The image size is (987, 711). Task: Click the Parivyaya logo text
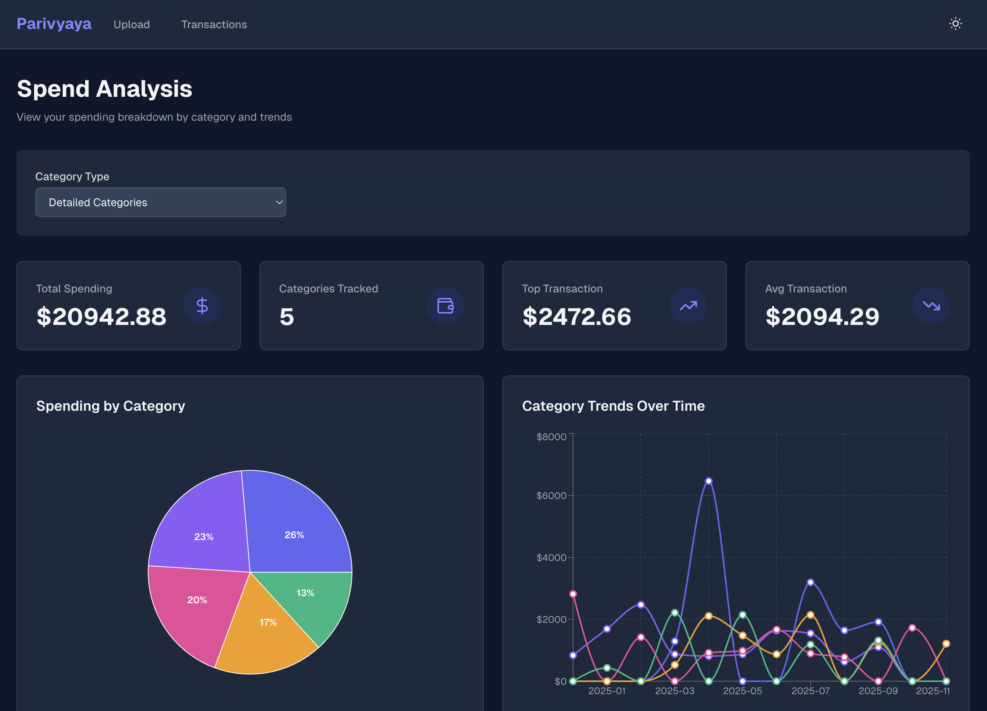(x=54, y=24)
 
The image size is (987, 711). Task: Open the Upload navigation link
(x=131, y=24)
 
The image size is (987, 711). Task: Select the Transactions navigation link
(x=214, y=24)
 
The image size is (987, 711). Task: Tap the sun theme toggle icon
(x=955, y=24)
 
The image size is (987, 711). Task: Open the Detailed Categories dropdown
(x=160, y=202)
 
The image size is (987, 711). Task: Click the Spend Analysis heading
(x=104, y=89)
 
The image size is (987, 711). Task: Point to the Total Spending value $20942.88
(x=102, y=316)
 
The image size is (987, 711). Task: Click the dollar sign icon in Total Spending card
(x=202, y=305)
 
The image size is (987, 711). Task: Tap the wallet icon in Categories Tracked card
(x=445, y=305)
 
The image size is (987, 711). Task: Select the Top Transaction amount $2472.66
(x=577, y=316)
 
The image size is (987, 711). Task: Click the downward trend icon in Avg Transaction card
(x=931, y=305)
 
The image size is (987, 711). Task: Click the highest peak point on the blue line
(x=708, y=481)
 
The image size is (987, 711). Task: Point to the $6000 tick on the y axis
(x=552, y=495)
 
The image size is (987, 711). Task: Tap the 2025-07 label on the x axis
(x=810, y=691)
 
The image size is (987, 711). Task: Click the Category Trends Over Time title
(x=613, y=406)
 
